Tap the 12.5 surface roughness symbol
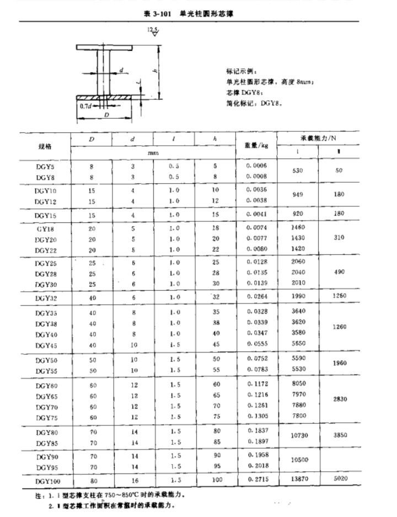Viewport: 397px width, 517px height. tap(153, 30)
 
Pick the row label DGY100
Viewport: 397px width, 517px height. tap(45, 480)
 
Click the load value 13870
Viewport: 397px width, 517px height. tap(298, 480)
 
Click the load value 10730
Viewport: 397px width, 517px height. tap(298, 436)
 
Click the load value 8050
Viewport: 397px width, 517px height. tap(298, 384)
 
